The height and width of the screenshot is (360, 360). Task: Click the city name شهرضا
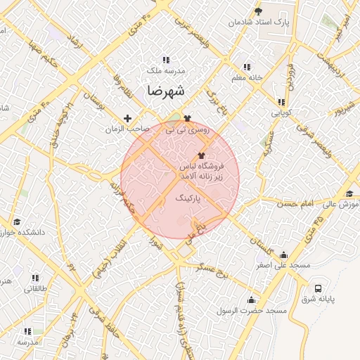click(x=166, y=91)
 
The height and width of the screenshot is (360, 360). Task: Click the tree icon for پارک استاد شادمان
click(x=258, y=11)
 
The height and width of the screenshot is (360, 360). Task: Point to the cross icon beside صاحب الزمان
click(x=127, y=118)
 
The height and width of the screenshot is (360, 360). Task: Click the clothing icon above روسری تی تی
click(x=187, y=118)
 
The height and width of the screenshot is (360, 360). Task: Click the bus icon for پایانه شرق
click(x=319, y=288)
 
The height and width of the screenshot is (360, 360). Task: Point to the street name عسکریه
click(x=266, y=145)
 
